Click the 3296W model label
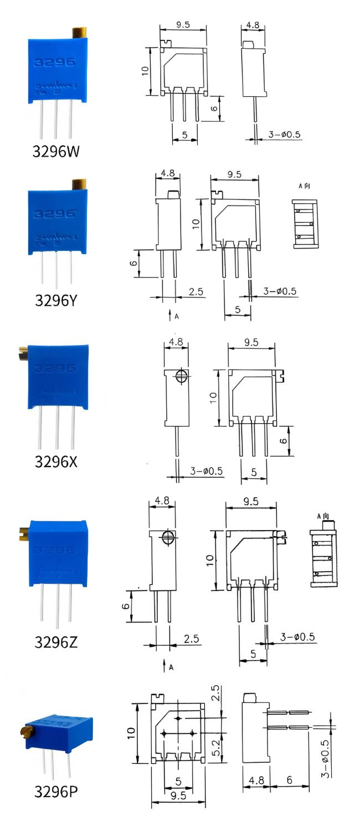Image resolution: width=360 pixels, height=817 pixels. click(x=57, y=151)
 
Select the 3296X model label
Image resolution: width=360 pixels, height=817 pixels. click(x=56, y=461)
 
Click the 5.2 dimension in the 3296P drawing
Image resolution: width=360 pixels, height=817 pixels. click(x=217, y=747)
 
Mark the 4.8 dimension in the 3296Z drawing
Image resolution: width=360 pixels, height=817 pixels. click(x=162, y=500)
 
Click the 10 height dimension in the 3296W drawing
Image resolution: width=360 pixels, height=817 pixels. click(x=145, y=70)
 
